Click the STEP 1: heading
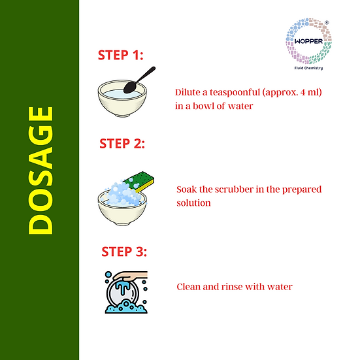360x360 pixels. (120, 55)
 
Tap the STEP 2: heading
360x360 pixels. (122, 144)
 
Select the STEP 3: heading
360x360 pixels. (124, 252)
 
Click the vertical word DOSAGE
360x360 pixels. (41, 171)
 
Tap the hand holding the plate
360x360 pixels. (131, 276)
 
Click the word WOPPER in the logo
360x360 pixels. (308, 41)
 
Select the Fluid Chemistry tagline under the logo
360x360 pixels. (308, 68)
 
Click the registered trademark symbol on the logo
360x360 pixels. (327, 22)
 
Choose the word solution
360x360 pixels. (193, 203)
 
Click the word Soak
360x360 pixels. (186, 189)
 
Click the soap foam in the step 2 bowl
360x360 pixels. (123, 194)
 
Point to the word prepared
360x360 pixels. (302, 190)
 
